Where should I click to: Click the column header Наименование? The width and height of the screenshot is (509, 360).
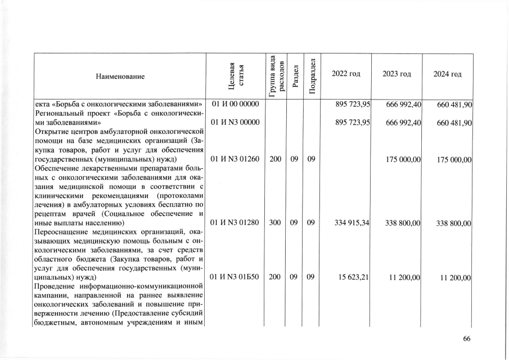click(x=120, y=76)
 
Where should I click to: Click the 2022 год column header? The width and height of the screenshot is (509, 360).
click(x=346, y=74)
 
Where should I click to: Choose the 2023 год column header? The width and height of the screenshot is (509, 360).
click(x=397, y=74)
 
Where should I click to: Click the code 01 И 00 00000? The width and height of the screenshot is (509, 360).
click(x=235, y=105)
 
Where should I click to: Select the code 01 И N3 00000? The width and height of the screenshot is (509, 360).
click(x=235, y=123)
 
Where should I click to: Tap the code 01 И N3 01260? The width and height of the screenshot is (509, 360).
click(x=235, y=159)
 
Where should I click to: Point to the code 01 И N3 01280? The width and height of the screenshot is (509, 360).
click(x=235, y=223)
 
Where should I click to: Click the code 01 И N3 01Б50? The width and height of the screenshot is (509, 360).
click(x=235, y=277)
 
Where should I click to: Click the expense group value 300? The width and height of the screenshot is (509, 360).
click(x=275, y=223)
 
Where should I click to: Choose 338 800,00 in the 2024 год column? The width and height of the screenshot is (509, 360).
click(x=453, y=223)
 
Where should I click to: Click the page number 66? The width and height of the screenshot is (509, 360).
click(x=466, y=338)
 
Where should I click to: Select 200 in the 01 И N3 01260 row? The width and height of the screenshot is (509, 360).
click(x=275, y=159)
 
